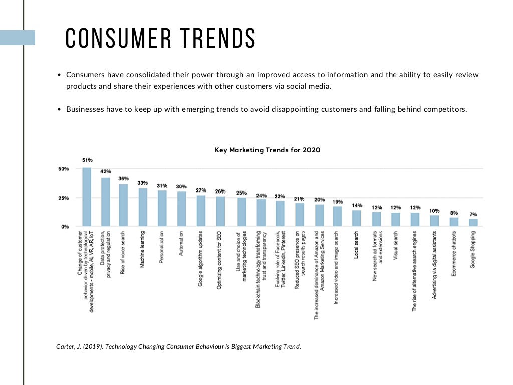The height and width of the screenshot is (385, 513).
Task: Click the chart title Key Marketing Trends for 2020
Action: click(x=268, y=150)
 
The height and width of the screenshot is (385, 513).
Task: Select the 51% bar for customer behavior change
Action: click(x=87, y=197)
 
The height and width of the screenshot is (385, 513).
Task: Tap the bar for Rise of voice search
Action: click(x=123, y=206)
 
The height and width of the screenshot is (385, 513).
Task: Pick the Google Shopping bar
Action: click(x=473, y=223)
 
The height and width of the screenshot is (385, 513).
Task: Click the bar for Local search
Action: click(x=357, y=218)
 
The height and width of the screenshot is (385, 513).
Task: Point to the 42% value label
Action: click(x=105, y=171)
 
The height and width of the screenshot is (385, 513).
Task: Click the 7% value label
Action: click(x=473, y=214)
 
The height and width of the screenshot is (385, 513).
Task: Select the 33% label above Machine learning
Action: click(x=143, y=183)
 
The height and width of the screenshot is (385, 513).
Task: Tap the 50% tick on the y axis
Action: click(x=63, y=169)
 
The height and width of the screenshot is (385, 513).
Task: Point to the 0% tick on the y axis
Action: click(x=65, y=227)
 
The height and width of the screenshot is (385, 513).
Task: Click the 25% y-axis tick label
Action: click(x=63, y=198)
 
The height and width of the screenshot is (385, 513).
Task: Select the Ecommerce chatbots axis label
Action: click(x=453, y=248)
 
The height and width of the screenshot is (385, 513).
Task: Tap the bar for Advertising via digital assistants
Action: click(x=434, y=221)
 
